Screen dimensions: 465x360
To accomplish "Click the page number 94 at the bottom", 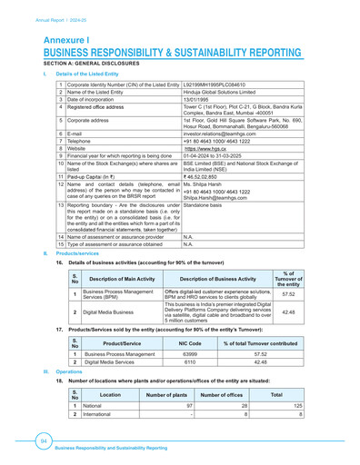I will pyautogui.click(x=43, y=440).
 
